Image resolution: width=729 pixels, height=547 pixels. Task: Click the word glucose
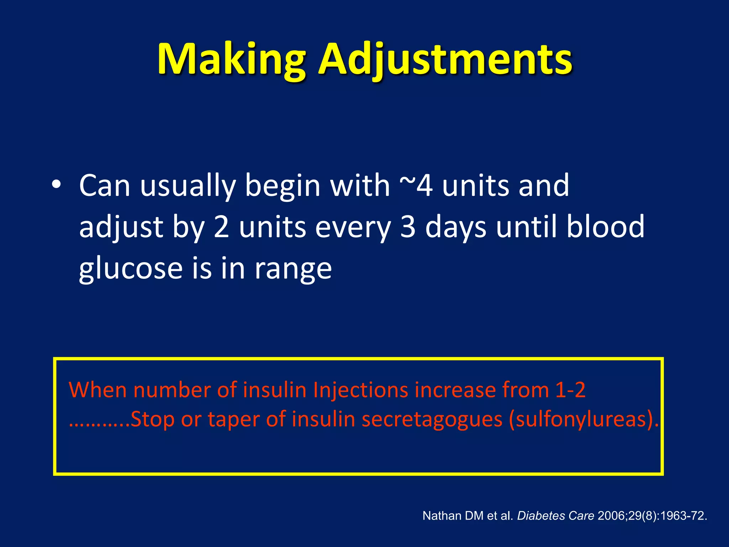[x=131, y=269]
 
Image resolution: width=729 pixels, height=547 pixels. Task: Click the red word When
[x=97, y=390]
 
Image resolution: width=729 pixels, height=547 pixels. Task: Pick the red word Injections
[x=361, y=390]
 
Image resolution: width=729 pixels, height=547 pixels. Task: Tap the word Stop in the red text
[x=152, y=419]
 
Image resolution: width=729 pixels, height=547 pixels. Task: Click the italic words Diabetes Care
[x=555, y=516]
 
